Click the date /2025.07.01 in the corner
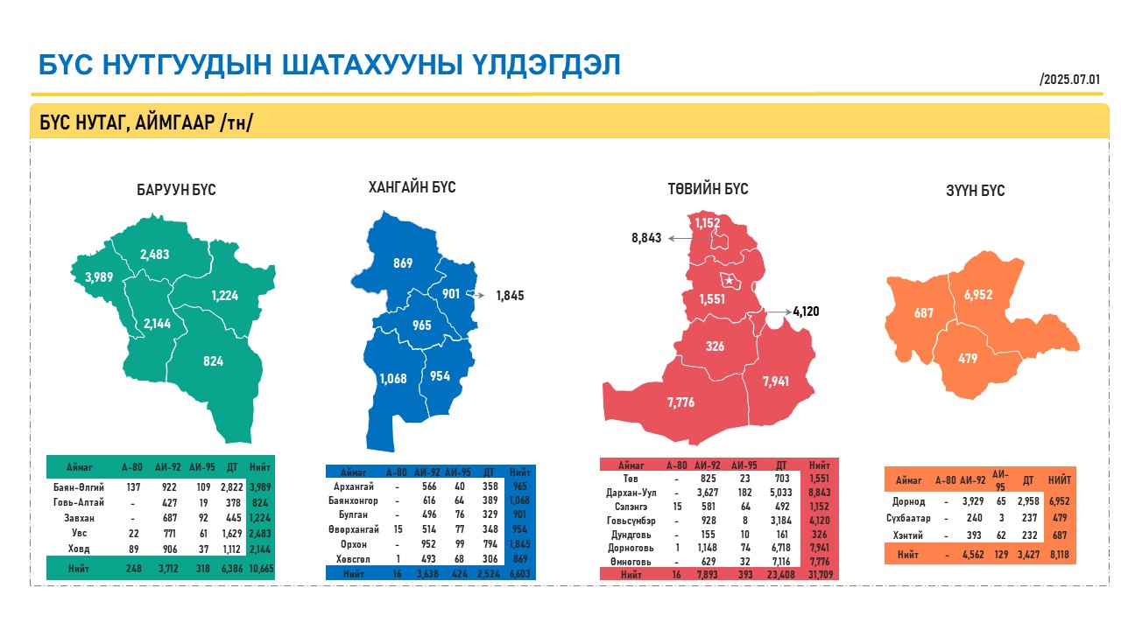point(1070,80)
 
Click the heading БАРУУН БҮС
point(176,190)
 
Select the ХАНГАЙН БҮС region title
point(412,187)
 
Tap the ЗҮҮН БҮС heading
point(975,191)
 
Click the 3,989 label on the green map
point(99,277)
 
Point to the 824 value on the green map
point(213,361)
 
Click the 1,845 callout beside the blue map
point(510,296)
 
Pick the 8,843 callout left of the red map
point(646,238)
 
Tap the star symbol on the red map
point(730,281)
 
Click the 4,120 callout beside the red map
point(806,311)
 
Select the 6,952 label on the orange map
point(978,295)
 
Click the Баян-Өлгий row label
point(79,487)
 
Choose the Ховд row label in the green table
point(79,549)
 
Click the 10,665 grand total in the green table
point(261,569)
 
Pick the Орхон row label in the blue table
point(353,544)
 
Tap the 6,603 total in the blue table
point(520,573)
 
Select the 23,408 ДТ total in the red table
point(780,575)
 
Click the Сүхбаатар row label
point(908,518)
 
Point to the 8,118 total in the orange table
point(1060,555)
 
